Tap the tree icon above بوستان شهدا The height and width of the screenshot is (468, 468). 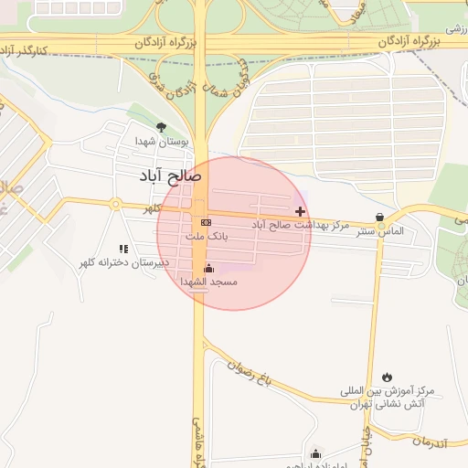tap(162, 127)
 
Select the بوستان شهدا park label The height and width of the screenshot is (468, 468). tap(162, 142)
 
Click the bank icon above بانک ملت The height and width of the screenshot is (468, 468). tap(206, 222)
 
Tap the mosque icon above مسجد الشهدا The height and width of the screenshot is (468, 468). tap(208, 268)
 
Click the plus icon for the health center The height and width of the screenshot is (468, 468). tap(300, 211)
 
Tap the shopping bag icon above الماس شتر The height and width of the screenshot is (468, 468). tap(379, 217)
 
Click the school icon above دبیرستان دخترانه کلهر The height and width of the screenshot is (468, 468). tap(123, 249)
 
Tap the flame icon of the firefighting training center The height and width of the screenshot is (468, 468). tap(388, 377)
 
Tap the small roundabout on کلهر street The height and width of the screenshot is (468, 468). tap(115, 204)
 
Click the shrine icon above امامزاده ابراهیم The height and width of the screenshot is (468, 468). tap(316, 453)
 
